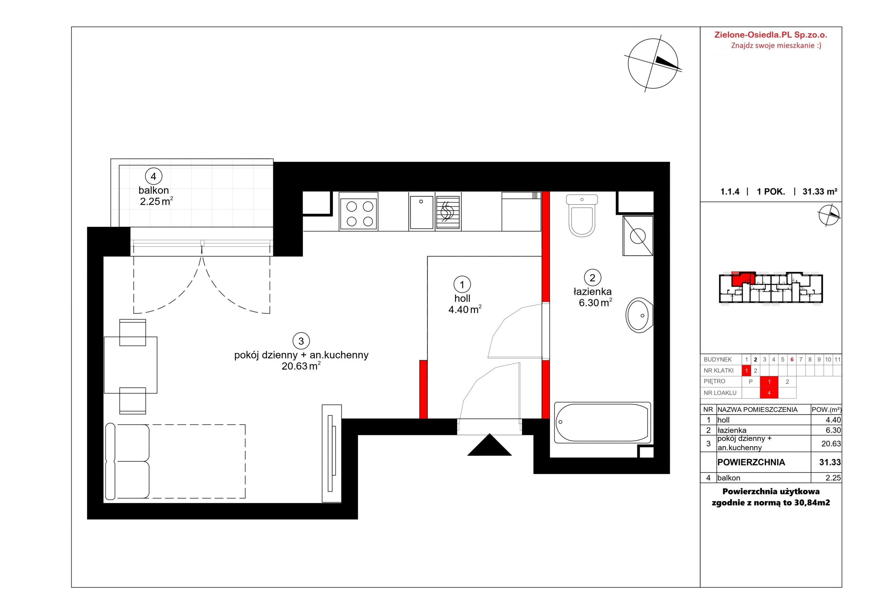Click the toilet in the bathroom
(x=582, y=216)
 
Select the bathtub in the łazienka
(x=603, y=423)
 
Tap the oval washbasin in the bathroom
(x=639, y=315)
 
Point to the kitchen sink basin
(x=422, y=212)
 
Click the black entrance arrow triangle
(x=489, y=445)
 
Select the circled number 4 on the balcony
(x=153, y=176)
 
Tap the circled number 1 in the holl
(x=462, y=284)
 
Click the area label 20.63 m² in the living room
(x=301, y=366)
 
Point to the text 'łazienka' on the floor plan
(x=593, y=292)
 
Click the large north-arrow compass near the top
(x=653, y=63)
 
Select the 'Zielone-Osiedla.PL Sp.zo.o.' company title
(x=771, y=35)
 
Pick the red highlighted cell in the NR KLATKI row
(x=746, y=371)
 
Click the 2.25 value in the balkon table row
(x=833, y=478)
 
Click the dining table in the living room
(x=131, y=365)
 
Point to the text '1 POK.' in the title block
(x=771, y=192)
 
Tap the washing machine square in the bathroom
(x=638, y=236)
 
